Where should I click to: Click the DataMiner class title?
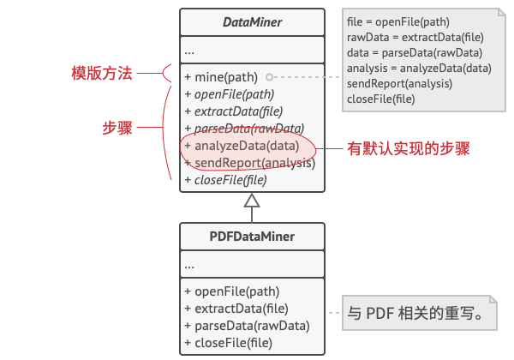[252, 22]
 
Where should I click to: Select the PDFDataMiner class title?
[252, 237]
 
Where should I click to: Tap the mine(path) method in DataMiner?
[221, 77]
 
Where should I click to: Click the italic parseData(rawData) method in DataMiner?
[244, 129]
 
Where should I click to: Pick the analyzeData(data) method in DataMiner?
[242, 146]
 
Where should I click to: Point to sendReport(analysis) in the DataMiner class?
[250, 163]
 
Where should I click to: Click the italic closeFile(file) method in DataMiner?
[226, 180]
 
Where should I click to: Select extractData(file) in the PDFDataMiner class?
[236, 309]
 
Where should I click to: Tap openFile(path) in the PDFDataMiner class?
[232, 291]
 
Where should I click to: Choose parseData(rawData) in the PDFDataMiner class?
[248, 326]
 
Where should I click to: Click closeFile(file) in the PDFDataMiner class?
[229, 343]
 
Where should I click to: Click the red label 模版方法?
[102, 73]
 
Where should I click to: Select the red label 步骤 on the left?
[117, 128]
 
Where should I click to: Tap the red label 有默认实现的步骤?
[409, 148]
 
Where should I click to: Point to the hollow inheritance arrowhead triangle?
[252, 201]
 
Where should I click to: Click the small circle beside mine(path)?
[270, 77]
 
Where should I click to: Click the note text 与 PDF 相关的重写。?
[415, 313]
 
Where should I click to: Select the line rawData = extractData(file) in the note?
[415, 38]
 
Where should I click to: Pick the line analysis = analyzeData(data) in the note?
[419, 69]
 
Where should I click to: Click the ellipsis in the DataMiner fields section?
[189, 52]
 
